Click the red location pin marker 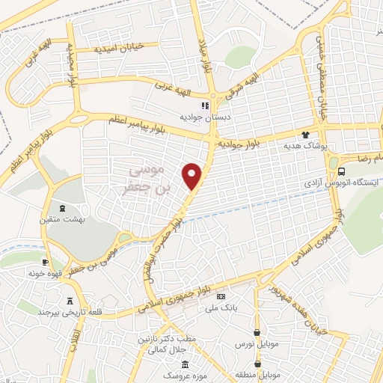click(x=193, y=175)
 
